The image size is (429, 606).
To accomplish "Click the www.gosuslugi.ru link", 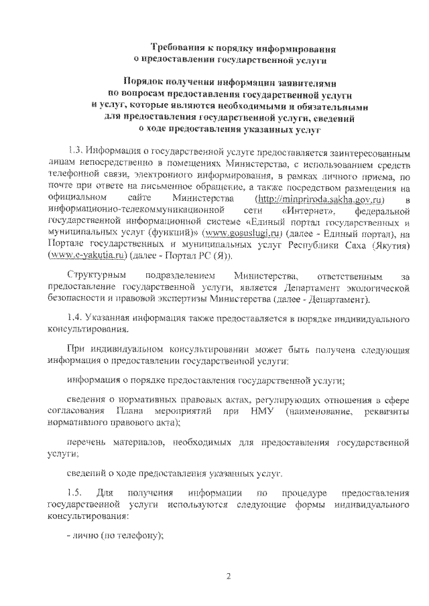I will click(235, 234).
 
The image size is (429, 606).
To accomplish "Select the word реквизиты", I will click(384, 410).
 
